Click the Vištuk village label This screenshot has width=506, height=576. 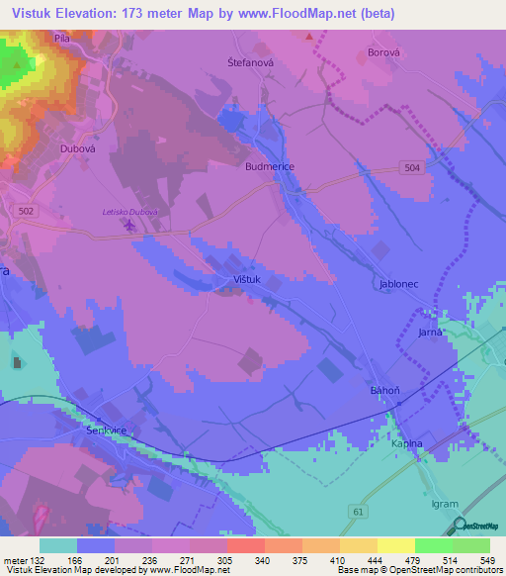246,280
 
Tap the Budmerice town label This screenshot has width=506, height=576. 270,167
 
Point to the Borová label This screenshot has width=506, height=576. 381,51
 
